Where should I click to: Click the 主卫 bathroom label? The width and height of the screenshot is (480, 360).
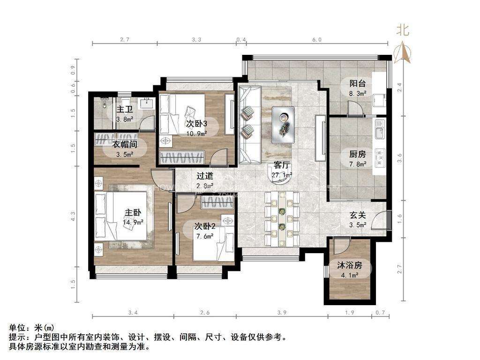pyautogui.click(x=125, y=109)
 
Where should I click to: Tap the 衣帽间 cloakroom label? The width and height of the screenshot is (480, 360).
pyautogui.click(x=125, y=144)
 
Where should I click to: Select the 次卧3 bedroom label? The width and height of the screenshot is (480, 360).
pyautogui.click(x=197, y=123)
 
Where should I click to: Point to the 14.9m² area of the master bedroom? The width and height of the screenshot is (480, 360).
pyautogui.click(x=133, y=223)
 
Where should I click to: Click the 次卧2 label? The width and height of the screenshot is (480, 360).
pyautogui.click(x=205, y=226)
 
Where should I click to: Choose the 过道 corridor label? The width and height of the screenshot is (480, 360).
pyautogui.click(x=205, y=176)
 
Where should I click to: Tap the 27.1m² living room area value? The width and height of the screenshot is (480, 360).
pyautogui.click(x=282, y=175)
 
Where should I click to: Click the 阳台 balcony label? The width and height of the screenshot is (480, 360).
pyautogui.click(x=358, y=83)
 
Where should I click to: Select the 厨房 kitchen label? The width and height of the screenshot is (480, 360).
pyautogui.click(x=358, y=154)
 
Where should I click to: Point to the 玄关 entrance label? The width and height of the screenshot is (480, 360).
pyautogui.click(x=358, y=215)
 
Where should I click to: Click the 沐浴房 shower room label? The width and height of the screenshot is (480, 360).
pyautogui.click(x=350, y=265)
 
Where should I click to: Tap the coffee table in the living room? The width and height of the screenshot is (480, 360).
pyautogui.click(x=283, y=125)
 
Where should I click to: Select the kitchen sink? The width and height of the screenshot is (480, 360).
pyautogui.click(x=379, y=128)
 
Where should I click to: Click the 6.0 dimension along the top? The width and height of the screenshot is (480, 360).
pyautogui.click(x=317, y=39)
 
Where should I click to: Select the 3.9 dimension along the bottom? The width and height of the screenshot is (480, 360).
pyautogui.click(x=282, y=313)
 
